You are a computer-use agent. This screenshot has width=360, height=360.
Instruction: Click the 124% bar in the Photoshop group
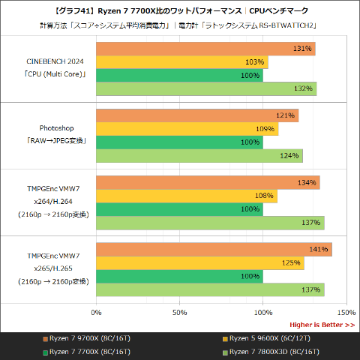pos(199,156)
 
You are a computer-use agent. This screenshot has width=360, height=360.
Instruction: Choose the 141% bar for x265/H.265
pos(214,250)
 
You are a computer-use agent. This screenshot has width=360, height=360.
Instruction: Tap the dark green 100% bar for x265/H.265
pos(179,277)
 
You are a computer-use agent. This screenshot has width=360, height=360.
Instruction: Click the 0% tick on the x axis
pos(96,311)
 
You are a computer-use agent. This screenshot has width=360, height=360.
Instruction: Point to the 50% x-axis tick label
pos(179,311)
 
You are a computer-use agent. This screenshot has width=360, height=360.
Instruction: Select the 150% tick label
pos(346,311)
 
